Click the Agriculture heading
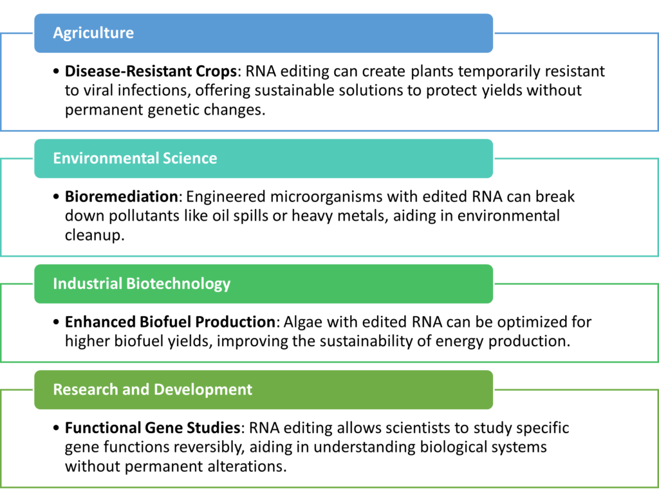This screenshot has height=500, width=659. pos(93,33)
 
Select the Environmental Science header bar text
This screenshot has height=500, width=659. pos(135,158)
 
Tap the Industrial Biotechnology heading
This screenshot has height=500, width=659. pos(142,284)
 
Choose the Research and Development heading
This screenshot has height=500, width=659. pos(153,389)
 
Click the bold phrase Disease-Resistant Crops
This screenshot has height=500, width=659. pos(151,71)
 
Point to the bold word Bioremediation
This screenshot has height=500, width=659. pos(122,196)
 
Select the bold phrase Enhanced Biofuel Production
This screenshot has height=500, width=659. pos(170,322)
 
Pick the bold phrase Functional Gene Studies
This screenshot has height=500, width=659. pos(153,428)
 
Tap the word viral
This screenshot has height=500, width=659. pos(100,90)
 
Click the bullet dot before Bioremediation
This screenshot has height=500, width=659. pos(57,197)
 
